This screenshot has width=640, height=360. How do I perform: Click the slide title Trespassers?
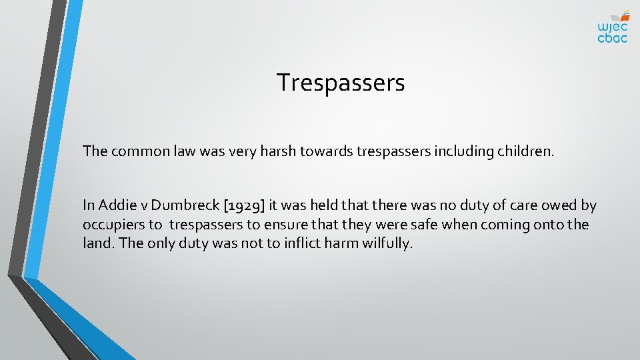coord(341,83)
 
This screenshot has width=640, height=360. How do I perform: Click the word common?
coord(136,151)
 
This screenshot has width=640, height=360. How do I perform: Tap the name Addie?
coord(118,205)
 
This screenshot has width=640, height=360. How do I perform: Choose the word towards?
coord(323,151)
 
